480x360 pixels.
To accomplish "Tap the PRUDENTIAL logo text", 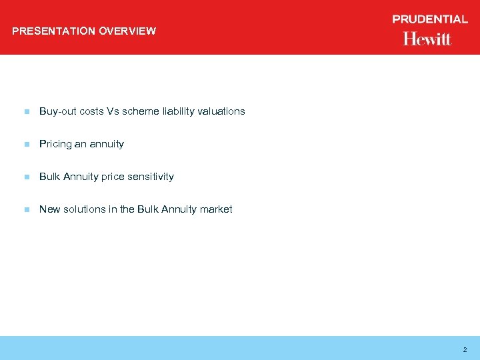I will [430, 19].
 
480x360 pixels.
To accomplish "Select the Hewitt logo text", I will [427, 39].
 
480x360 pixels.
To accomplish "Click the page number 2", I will [465, 349].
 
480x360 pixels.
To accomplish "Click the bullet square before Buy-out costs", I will [26, 112].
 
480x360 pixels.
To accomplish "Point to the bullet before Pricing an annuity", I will [26, 145].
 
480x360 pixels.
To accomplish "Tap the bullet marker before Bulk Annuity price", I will [26, 177].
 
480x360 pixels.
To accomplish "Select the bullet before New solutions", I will [26, 210].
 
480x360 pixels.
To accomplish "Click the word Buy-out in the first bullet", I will [58, 111].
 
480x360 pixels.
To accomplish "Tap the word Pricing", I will [55, 144].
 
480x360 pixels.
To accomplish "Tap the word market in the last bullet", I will [216, 209].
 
